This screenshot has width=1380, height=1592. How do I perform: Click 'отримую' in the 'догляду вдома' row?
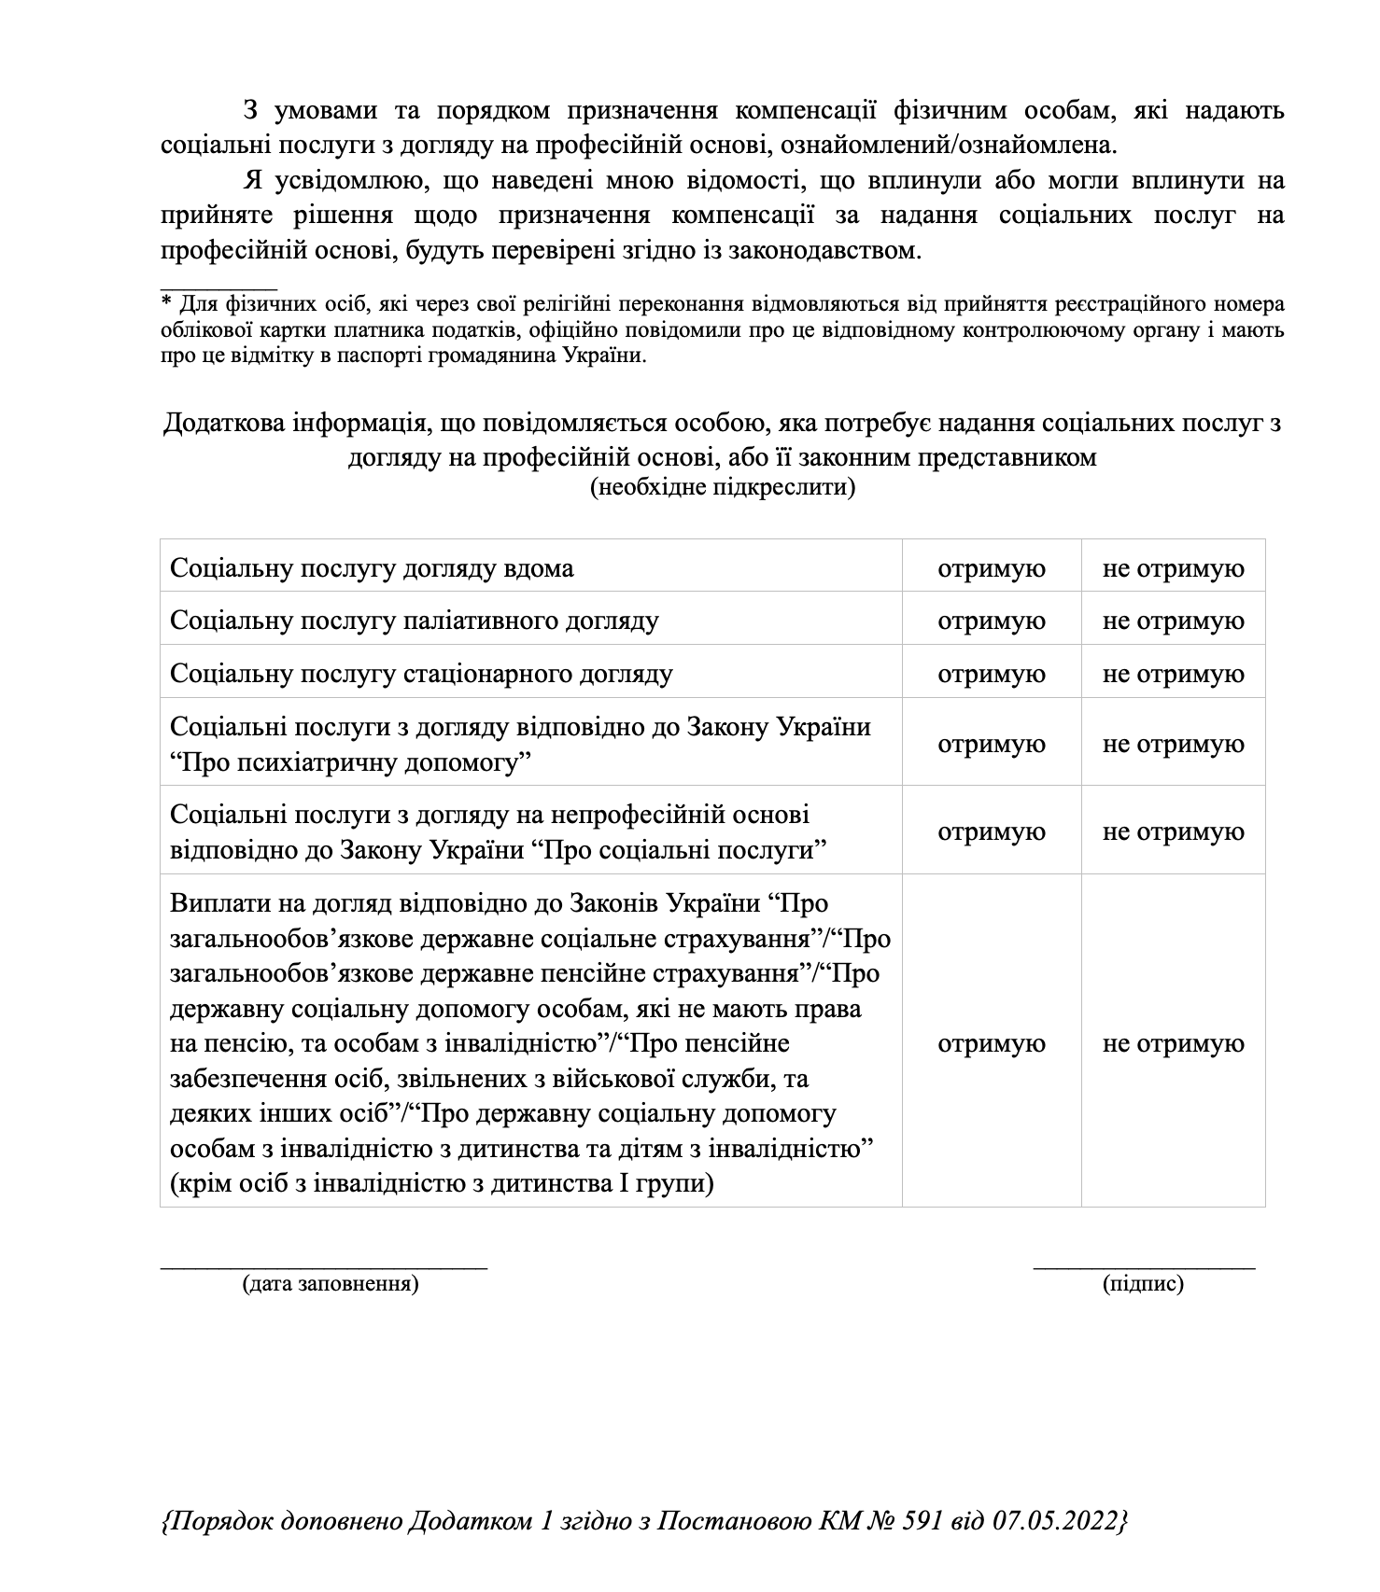(x=991, y=569)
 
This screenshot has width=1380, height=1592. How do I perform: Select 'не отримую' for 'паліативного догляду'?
(x=1173, y=621)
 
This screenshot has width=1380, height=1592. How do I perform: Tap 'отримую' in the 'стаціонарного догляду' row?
(x=991, y=675)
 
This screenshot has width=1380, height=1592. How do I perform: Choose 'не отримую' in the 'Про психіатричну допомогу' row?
(x=1173, y=745)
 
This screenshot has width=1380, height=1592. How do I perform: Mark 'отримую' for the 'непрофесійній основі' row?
(x=991, y=832)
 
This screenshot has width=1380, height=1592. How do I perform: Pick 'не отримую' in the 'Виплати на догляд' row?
(x=1173, y=1044)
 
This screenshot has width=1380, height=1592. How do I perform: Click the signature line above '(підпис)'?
(x=1144, y=1265)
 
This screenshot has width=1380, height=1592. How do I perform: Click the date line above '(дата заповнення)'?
(x=324, y=1265)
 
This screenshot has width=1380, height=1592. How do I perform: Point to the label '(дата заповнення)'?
(x=331, y=1284)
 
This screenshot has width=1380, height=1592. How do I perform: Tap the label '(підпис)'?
(x=1143, y=1284)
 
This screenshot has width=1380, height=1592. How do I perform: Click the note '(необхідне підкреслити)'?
(x=722, y=487)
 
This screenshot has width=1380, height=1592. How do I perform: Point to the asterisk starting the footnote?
(x=167, y=302)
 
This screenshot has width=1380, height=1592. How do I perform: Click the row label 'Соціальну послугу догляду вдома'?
(x=372, y=569)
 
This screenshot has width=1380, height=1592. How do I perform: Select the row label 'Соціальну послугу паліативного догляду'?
(x=415, y=621)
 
